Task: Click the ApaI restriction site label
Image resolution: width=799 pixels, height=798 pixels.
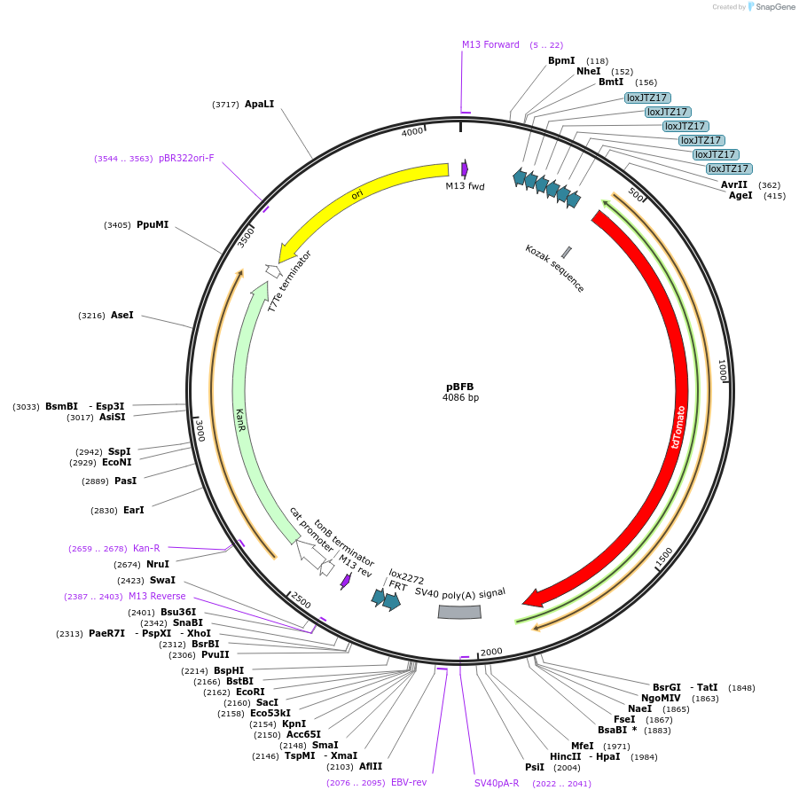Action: pyautogui.click(x=259, y=104)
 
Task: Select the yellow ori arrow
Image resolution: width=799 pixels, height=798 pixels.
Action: pyautogui.click(x=355, y=194)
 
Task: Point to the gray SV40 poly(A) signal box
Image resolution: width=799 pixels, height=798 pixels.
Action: pyautogui.click(x=459, y=612)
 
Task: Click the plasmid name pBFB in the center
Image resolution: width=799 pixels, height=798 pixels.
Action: pyautogui.click(x=460, y=387)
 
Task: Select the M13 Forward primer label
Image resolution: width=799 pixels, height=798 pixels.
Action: pyautogui.click(x=490, y=44)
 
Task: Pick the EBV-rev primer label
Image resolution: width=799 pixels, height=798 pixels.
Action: pyautogui.click(x=409, y=782)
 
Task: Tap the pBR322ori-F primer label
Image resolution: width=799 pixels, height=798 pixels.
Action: pyautogui.click(x=186, y=159)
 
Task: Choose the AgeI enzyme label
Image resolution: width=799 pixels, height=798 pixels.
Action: pyautogui.click(x=740, y=195)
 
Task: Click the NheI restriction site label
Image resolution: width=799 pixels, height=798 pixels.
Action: pyautogui.click(x=588, y=71)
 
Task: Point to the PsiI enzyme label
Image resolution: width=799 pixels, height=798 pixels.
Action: pyautogui.click(x=535, y=767)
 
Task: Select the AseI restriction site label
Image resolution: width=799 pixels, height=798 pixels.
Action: pyautogui.click(x=122, y=315)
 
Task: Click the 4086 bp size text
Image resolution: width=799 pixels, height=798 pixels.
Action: pyautogui.click(x=460, y=398)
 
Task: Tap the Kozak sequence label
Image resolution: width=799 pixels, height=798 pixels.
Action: pyautogui.click(x=554, y=269)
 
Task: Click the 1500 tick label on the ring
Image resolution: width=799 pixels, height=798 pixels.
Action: pyautogui.click(x=663, y=559)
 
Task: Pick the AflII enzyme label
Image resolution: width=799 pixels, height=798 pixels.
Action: pyautogui.click(x=371, y=766)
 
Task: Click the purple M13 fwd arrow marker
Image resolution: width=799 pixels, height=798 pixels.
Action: pyautogui.click(x=465, y=168)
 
